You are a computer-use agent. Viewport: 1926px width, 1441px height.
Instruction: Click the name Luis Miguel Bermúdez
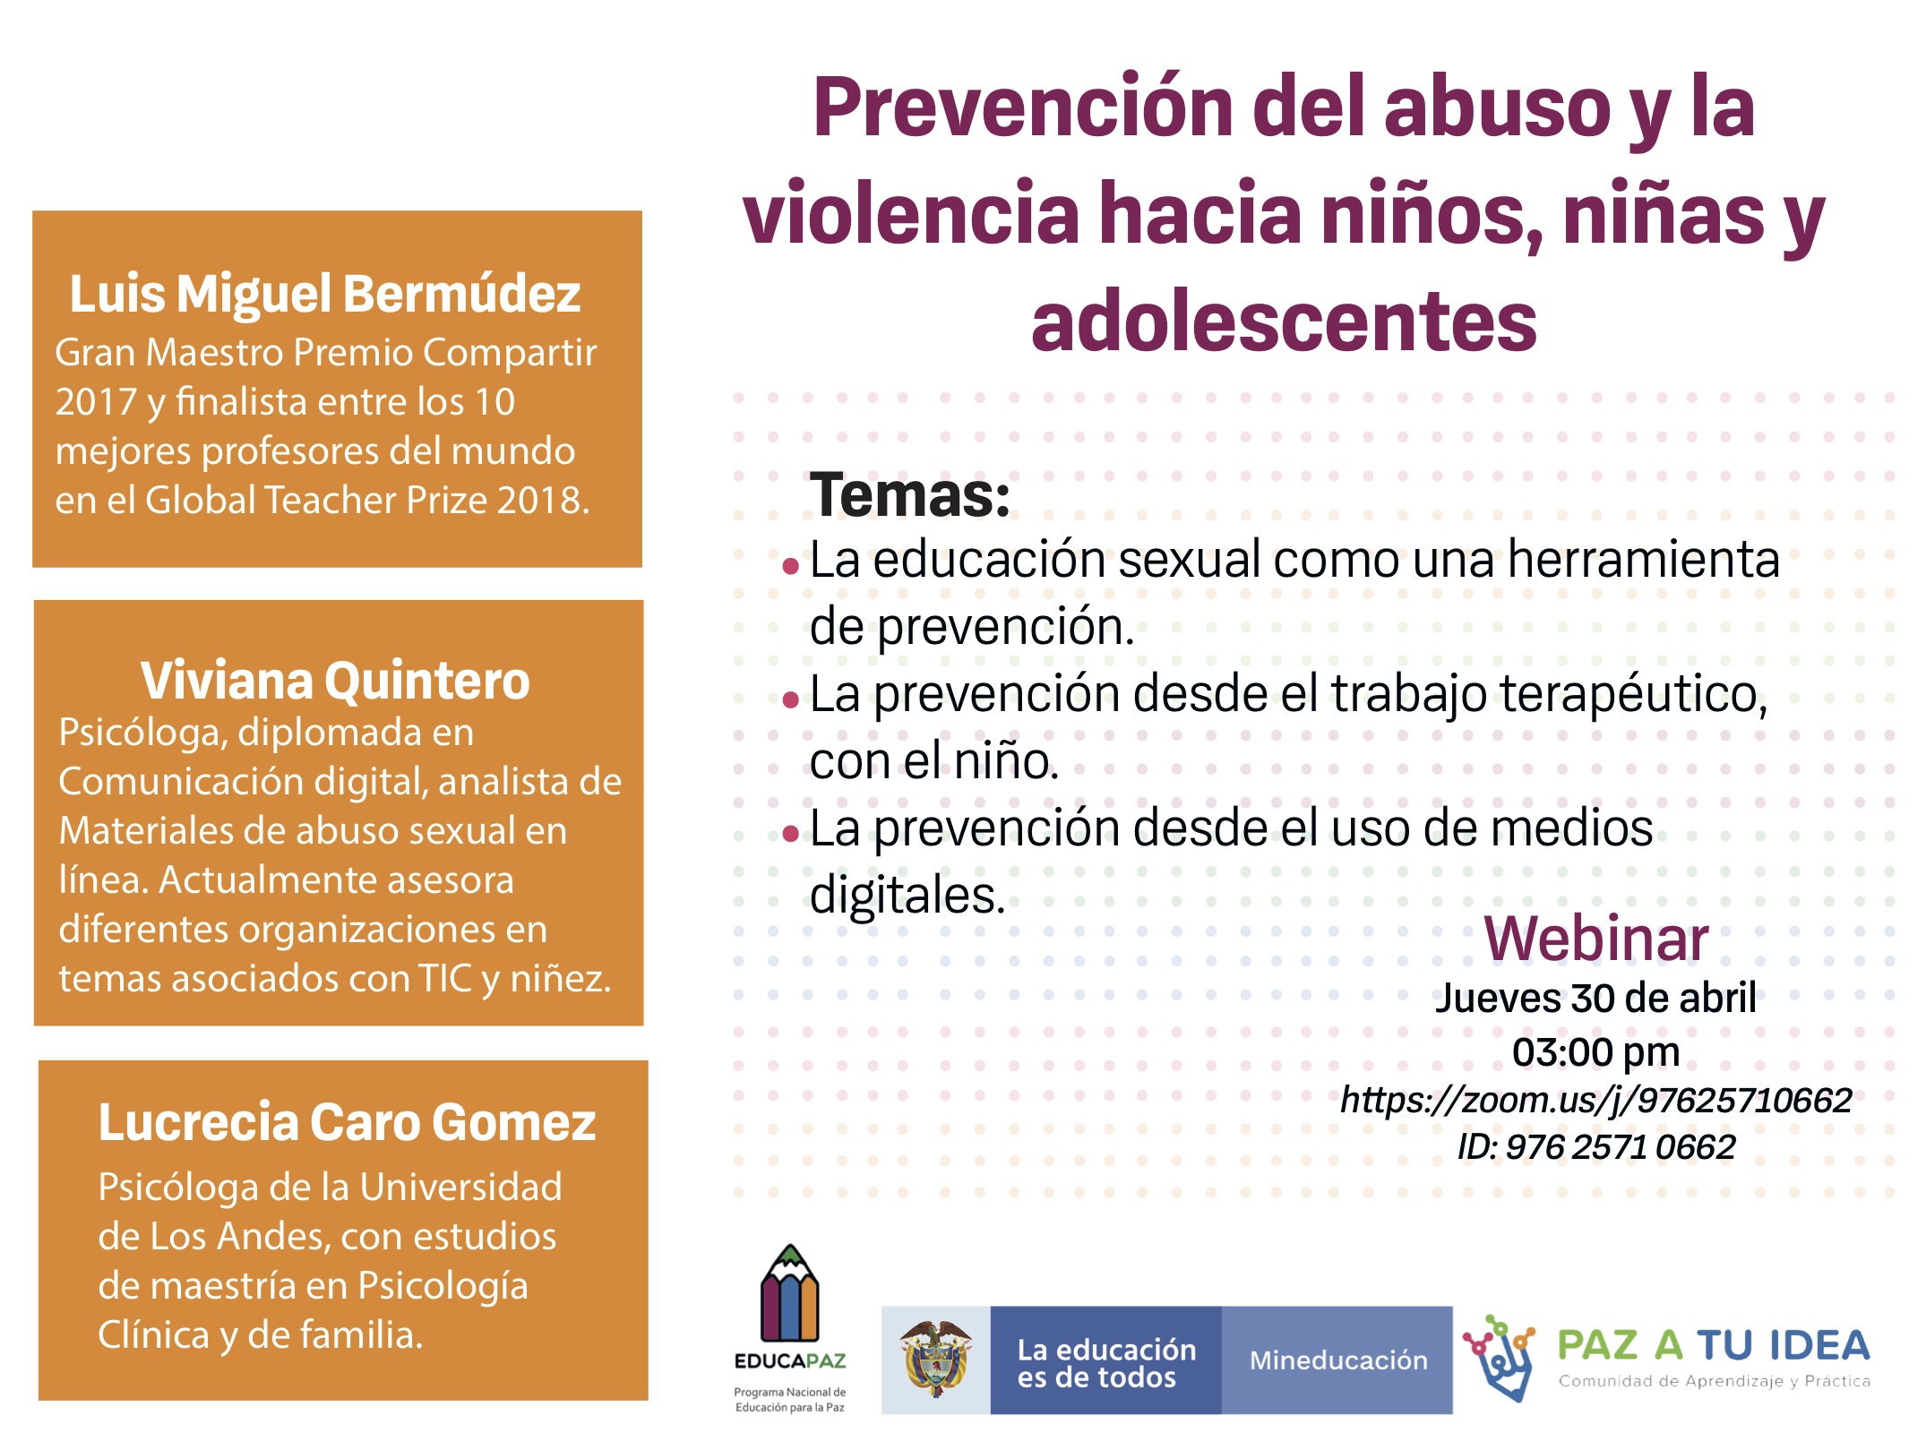click(325, 295)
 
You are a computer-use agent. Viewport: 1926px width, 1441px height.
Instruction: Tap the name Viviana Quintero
click(335, 681)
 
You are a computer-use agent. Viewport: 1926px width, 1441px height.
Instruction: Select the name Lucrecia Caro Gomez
click(347, 1122)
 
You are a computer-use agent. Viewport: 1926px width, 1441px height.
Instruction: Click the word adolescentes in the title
click(1284, 322)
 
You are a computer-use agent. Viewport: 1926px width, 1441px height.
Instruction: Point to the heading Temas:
click(910, 494)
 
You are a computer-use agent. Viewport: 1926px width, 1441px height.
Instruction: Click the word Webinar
click(1596, 939)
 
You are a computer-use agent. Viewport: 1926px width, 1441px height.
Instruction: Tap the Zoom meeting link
click(1595, 1100)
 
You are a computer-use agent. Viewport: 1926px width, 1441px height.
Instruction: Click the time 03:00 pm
click(1596, 1052)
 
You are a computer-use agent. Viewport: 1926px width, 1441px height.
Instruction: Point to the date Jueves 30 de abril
click(1595, 998)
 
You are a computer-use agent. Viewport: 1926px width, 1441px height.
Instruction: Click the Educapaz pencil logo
click(789, 1293)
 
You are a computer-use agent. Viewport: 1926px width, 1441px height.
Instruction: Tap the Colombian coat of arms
click(936, 1360)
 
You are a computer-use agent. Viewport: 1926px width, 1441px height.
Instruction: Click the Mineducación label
click(1338, 1360)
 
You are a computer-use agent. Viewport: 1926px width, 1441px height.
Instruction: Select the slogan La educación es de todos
click(1106, 1363)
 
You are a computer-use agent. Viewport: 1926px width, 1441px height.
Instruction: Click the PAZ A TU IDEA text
click(1714, 1345)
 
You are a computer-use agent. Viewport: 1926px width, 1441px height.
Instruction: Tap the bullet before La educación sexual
click(790, 566)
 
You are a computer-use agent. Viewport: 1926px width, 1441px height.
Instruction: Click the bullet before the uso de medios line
click(790, 835)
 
